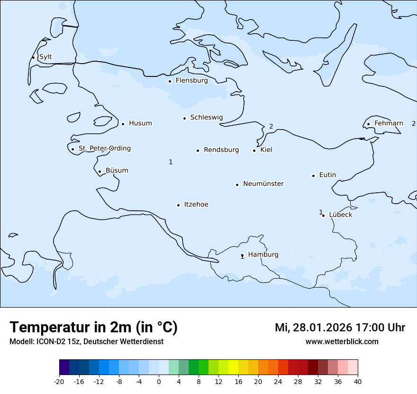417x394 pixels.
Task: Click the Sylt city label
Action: tap(45, 57)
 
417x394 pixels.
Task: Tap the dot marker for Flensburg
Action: tap(170, 81)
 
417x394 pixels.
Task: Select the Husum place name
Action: tap(140, 123)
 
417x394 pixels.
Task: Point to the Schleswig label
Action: tap(206, 117)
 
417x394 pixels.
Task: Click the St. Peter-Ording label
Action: tap(104, 149)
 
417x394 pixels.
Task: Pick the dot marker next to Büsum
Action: tap(100, 171)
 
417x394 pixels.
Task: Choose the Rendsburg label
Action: tap(221, 150)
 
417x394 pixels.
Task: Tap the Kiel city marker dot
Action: tap(254, 150)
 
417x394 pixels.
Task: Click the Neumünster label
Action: tap(263, 184)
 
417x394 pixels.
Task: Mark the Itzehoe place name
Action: tap(196, 205)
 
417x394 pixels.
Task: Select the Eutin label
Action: tap(327, 175)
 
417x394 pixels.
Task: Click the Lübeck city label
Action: tap(341, 215)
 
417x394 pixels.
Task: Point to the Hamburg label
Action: tap(263, 254)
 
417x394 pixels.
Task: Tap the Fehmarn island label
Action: tap(389, 123)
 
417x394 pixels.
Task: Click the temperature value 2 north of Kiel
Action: tap(271, 126)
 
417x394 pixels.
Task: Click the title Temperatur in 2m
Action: tap(93, 327)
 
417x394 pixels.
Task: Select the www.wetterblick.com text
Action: tap(342, 341)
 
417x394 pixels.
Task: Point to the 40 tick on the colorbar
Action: tap(358, 381)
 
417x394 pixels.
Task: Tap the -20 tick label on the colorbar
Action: tap(59, 381)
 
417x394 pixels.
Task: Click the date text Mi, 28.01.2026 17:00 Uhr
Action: tap(340, 328)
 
